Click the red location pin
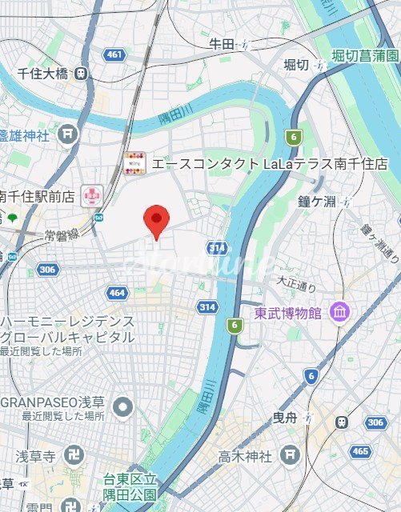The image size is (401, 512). coord(155,219)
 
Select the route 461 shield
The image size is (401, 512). coord(114,54)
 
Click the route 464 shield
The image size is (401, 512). coord(117,293)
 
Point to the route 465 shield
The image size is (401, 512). coord(359,451)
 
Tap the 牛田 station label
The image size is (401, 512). coord(220,43)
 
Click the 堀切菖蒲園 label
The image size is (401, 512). coord(365,56)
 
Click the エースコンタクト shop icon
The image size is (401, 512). coord(134,163)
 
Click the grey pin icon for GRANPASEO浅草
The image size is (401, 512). coord(122,408)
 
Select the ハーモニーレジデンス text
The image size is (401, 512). coord(67,321)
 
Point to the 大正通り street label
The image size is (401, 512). coord(297,282)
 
